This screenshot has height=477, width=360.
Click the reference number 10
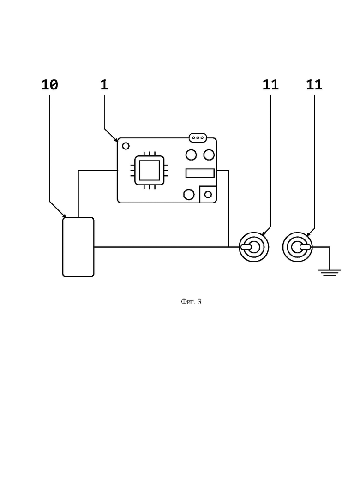pos(49,84)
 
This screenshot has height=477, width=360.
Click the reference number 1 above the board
pos(104,84)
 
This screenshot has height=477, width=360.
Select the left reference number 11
pos(270,84)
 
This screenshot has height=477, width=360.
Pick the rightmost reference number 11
pos(314,84)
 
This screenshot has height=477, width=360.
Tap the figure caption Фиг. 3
pos(191,302)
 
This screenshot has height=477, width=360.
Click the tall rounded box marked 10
pos(78,247)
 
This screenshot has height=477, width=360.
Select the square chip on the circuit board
pos(150,170)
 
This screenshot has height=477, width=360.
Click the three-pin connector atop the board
pos(198,138)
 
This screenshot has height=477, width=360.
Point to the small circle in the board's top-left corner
pos(126,146)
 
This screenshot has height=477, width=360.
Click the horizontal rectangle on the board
pos(200,173)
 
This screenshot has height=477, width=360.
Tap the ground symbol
pos(330,273)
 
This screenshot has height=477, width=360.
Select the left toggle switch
pos(254,247)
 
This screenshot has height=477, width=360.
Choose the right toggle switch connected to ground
pos(297,247)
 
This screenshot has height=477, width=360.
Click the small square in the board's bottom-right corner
pos(208,194)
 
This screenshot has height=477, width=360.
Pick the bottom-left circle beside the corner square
pos(189,194)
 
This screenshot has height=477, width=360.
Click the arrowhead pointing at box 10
pos(64,216)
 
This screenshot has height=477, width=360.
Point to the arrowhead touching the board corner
pos(116,140)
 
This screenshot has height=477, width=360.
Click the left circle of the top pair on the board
pos(191,155)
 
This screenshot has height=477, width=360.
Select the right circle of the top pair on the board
pos(209,155)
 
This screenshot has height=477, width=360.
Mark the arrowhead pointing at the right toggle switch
pos(308,234)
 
